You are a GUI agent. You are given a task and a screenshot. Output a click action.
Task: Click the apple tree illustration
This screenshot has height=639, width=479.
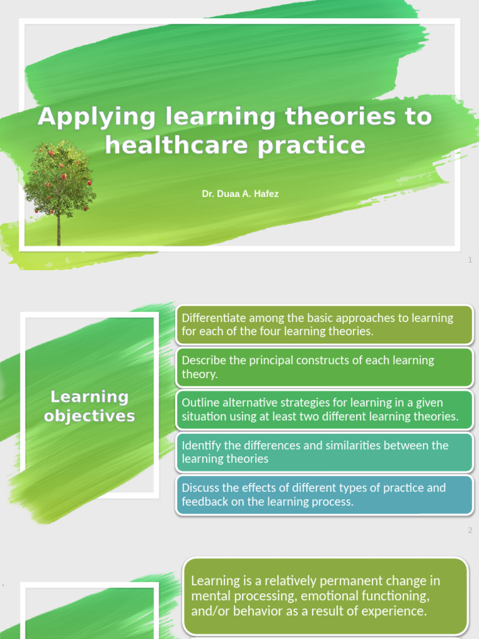59,181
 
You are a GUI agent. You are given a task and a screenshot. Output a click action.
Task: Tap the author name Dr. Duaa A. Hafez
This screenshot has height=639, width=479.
240,194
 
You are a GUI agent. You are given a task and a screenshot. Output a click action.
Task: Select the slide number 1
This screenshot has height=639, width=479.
470,260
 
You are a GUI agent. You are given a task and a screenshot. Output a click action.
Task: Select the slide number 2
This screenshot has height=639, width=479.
470,530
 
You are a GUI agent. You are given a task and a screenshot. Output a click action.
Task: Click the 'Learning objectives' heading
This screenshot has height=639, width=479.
90,406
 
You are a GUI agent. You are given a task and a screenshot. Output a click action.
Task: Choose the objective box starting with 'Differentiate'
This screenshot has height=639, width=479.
324,324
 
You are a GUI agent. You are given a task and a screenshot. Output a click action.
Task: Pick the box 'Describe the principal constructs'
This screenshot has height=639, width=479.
324,367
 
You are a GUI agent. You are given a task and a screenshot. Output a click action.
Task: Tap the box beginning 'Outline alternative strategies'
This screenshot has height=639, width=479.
324,409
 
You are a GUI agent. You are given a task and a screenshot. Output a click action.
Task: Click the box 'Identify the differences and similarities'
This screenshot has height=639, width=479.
324,452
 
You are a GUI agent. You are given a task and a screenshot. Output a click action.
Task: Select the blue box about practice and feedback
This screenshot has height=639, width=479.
324,495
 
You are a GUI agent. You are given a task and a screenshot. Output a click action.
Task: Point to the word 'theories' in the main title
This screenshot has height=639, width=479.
341,117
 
